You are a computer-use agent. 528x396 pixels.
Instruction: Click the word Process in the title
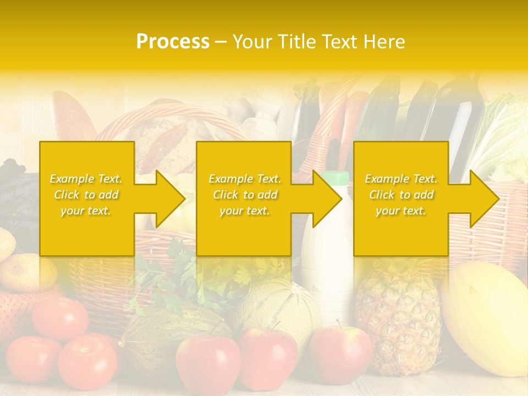(x=173, y=42)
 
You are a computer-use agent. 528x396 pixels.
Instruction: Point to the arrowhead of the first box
(x=169, y=199)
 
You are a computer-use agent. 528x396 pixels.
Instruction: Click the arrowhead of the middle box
(x=327, y=199)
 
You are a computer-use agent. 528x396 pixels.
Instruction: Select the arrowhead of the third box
(x=484, y=199)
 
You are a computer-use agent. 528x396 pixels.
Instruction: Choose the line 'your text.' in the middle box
(x=244, y=211)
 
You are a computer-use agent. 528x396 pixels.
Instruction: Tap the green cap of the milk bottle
(x=334, y=178)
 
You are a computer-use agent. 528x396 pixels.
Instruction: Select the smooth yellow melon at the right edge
(x=487, y=319)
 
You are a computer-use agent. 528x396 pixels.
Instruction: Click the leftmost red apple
(x=207, y=363)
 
